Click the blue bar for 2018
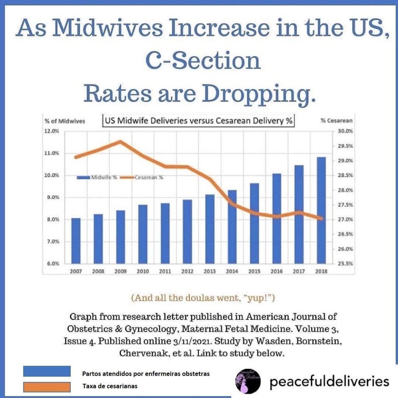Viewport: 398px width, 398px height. (321, 210)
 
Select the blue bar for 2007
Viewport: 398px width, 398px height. (76, 241)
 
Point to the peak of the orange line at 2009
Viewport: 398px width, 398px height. (120, 141)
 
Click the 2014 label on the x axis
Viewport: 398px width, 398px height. (232, 271)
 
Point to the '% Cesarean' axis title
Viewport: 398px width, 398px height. (336, 121)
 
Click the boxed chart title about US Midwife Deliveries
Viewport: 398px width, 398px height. (198, 121)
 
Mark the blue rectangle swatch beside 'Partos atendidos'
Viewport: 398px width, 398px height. (47, 371)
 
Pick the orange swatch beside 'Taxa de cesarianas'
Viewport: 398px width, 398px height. (47, 387)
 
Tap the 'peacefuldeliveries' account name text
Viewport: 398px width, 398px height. (329, 381)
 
